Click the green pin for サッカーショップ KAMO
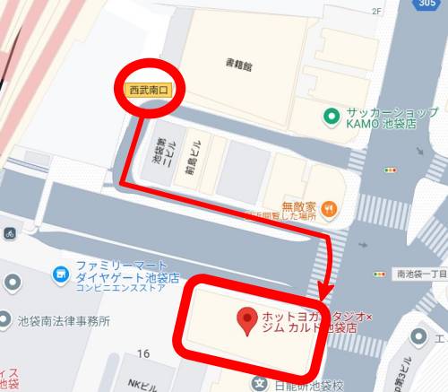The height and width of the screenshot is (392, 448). click(x=332, y=116)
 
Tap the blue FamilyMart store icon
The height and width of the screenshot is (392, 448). click(x=60, y=272)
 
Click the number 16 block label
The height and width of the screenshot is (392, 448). click(x=143, y=354)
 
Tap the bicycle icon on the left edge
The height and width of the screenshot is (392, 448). click(x=8, y=232)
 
